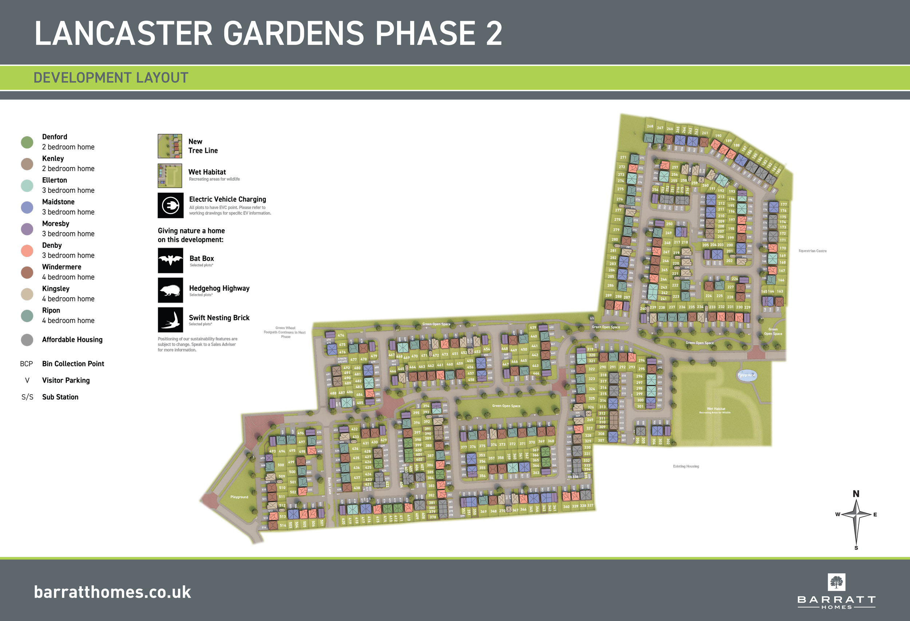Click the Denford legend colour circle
point(27,142)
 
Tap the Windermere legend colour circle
point(27,273)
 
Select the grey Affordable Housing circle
point(27,340)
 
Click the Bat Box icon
point(170,260)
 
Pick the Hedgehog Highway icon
point(170,290)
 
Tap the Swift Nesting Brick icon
point(170,320)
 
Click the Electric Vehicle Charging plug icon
point(170,205)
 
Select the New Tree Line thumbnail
point(170,146)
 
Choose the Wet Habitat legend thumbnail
point(170,175)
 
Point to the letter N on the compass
point(856,494)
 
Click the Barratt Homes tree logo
point(836,582)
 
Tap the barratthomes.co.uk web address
point(112,592)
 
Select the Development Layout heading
point(111,78)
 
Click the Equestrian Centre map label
point(812,250)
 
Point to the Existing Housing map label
point(686,466)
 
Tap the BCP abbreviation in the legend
point(26,364)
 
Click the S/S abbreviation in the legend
point(27,397)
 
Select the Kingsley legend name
point(56,289)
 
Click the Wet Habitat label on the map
point(716,409)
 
